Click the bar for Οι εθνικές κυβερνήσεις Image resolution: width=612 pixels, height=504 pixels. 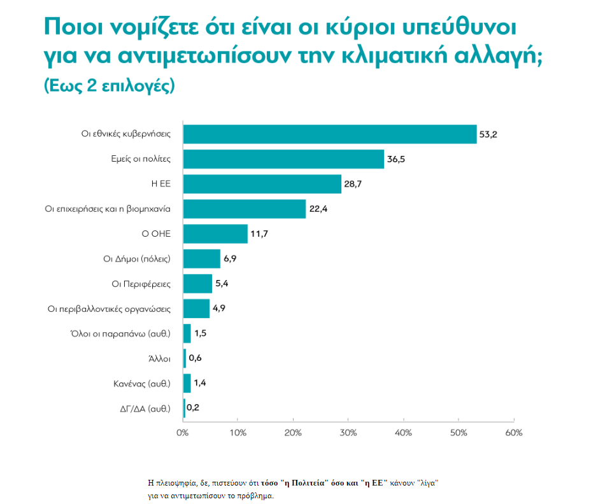point(330,134)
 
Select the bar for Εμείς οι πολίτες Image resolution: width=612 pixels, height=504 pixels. point(283,159)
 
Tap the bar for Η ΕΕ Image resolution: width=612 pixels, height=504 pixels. point(262,184)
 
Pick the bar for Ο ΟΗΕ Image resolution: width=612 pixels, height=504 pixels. point(215,234)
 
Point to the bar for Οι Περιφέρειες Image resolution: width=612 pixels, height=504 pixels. point(197,284)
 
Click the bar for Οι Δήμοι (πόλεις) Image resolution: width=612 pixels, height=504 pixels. point(202,259)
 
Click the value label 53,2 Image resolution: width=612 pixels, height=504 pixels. point(490,135)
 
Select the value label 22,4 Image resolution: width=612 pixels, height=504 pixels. point(318,209)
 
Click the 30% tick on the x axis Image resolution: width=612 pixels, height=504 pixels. point(348,433)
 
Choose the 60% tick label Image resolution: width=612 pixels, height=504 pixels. point(513,433)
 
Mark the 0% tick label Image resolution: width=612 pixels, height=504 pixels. point(183,433)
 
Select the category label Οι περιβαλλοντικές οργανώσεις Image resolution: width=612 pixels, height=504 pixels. point(110,309)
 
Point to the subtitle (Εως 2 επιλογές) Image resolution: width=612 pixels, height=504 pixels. point(108,86)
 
